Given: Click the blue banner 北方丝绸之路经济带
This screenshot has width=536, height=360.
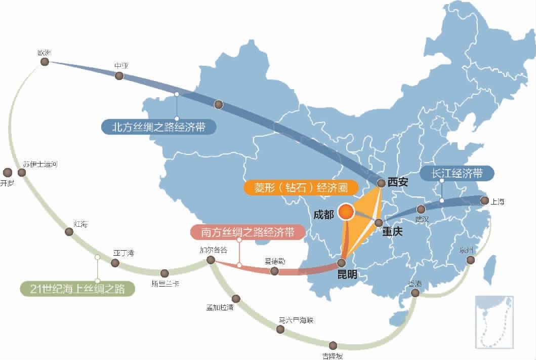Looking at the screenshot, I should pyautogui.click(x=158, y=127).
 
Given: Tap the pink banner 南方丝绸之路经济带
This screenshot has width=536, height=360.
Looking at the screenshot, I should pyautogui.click(x=248, y=232).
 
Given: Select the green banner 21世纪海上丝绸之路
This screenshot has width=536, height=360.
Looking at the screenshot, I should pyautogui.click(x=77, y=289).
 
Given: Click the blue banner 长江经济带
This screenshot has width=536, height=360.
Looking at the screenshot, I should pyautogui.click(x=457, y=173).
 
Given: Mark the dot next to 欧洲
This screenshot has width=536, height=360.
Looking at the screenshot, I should pyautogui.click(x=45, y=62).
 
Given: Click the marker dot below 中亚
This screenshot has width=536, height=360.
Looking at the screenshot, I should pyautogui.click(x=119, y=76).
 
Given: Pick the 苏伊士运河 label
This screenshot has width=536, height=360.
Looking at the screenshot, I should pyautogui.click(x=40, y=164).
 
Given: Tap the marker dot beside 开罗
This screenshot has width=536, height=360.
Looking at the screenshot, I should pyautogui.click(x=7, y=172).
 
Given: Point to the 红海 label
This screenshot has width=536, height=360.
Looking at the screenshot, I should pyautogui.click(x=80, y=223).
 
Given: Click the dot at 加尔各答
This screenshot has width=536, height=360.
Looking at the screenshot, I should pyautogui.click(x=211, y=260).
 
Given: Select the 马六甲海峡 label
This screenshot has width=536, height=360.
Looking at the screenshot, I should pyautogui.click(x=296, y=320).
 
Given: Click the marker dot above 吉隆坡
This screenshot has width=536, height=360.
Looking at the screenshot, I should pyautogui.click(x=333, y=345).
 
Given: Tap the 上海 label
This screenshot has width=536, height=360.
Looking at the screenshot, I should pyautogui.click(x=498, y=202).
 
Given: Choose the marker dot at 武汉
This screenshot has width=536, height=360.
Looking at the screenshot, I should pyautogui.click(x=421, y=209).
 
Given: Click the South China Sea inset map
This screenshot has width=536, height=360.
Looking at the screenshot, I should pyautogui.click(x=494, y=323).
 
